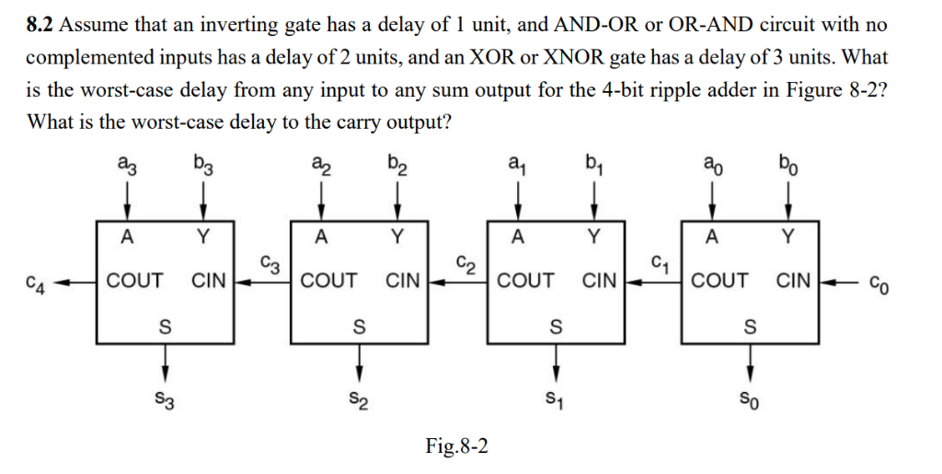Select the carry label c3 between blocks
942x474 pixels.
(267, 263)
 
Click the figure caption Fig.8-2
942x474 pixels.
(457, 447)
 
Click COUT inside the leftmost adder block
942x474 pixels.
(134, 280)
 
